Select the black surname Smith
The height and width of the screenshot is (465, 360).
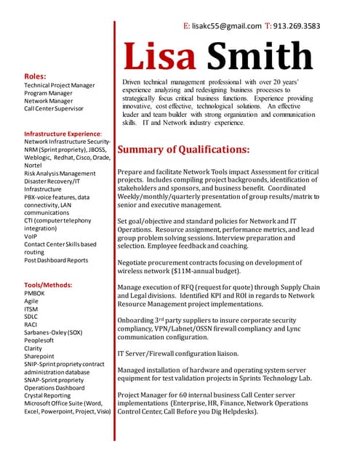coord(260,57)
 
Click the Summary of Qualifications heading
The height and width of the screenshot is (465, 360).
coord(183,150)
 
